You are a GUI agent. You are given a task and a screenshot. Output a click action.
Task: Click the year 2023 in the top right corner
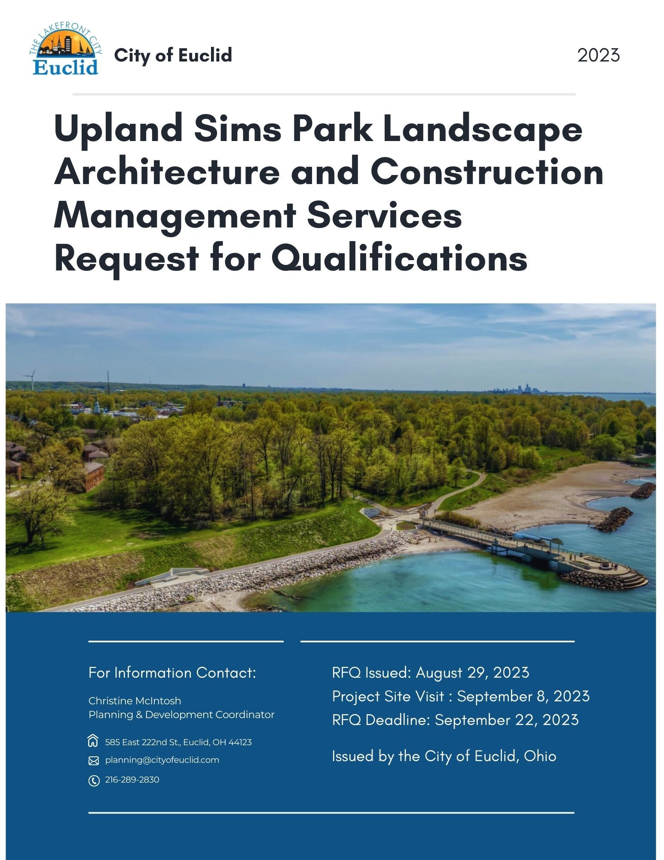click(598, 55)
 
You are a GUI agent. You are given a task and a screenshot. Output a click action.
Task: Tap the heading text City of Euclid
click(173, 55)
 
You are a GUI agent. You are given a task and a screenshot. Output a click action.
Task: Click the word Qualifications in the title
click(399, 259)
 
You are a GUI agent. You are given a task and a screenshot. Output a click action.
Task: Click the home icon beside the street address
click(93, 742)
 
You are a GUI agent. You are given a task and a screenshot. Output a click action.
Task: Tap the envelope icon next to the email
click(93, 761)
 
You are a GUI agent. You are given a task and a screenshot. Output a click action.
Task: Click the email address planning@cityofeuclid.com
click(162, 760)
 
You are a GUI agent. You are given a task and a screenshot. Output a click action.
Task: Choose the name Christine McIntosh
click(135, 701)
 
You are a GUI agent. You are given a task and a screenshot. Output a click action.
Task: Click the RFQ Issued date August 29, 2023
click(472, 673)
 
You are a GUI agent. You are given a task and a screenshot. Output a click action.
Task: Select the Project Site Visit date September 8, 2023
click(523, 697)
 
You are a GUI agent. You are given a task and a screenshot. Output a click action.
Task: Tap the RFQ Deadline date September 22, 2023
click(507, 720)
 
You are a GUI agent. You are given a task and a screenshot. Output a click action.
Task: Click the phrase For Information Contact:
click(172, 673)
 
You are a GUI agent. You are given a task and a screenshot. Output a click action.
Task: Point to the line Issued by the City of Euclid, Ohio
click(444, 756)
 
